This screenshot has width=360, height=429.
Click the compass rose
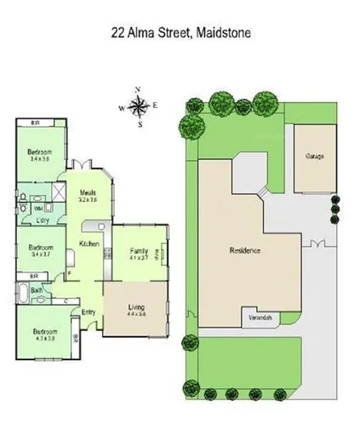pyautogui.click(x=139, y=106)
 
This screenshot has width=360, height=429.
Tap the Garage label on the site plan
pyautogui.click(x=314, y=157)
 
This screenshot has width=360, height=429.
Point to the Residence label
pyautogui.click(x=244, y=251)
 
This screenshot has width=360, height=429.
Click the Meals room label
pyautogui.click(x=88, y=193)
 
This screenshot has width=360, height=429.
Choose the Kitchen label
pyautogui.click(x=90, y=244)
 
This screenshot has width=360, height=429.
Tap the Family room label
pyautogui.click(x=138, y=251)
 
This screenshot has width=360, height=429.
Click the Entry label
pyautogui.click(x=89, y=312)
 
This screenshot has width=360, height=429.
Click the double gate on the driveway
pyautogui.click(x=318, y=244)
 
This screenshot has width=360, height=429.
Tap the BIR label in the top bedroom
pyautogui.click(x=35, y=123)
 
